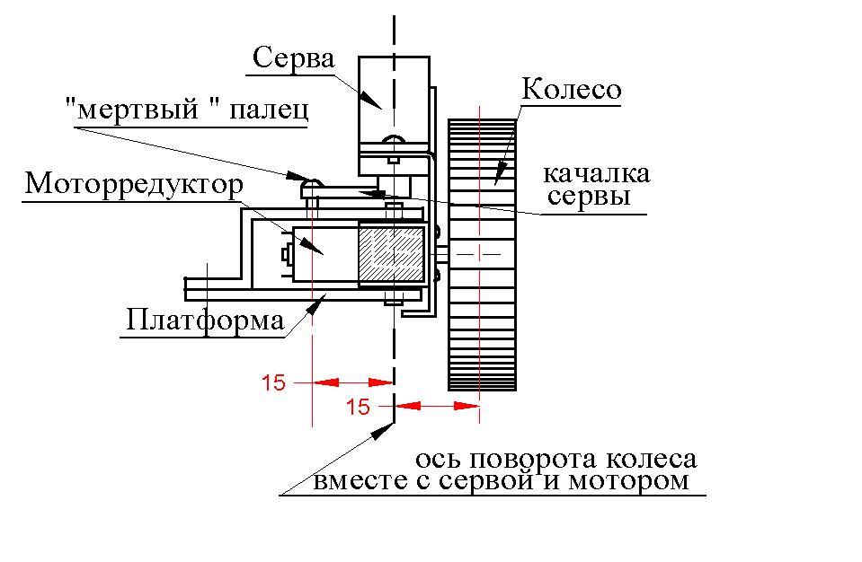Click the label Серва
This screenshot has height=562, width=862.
(x=294, y=59)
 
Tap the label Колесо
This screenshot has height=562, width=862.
(x=572, y=91)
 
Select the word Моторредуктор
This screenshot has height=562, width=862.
(x=134, y=184)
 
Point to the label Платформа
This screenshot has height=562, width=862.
(x=204, y=320)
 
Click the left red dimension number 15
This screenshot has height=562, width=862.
(x=273, y=383)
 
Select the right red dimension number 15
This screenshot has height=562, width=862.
(x=358, y=408)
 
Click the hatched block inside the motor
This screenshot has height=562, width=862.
(x=391, y=255)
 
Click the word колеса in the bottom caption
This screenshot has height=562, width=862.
(x=654, y=460)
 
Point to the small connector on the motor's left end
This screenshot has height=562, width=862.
(x=285, y=254)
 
